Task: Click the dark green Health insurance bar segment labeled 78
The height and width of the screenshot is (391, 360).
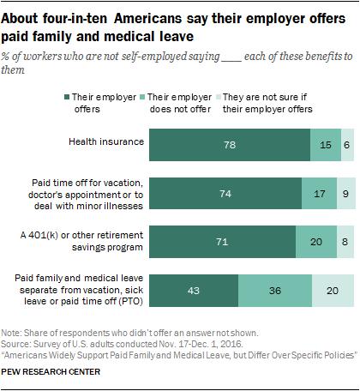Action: coord(230,145)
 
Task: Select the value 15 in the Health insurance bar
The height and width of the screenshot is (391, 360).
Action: coord(326,145)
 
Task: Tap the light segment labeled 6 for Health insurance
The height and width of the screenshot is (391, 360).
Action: coord(347,145)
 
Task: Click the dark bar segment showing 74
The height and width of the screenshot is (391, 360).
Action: coord(226,194)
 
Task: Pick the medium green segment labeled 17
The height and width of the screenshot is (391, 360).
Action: coord(320,194)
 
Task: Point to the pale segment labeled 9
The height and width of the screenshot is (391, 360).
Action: coord(345,194)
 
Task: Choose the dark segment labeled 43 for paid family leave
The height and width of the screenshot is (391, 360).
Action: coord(194,292)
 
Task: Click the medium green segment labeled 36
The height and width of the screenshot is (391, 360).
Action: coord(274,292)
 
